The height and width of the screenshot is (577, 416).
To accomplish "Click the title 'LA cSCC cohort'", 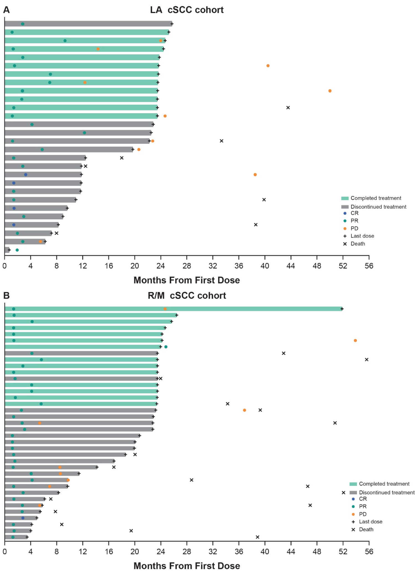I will [187, 10].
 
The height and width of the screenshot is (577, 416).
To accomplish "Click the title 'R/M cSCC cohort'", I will [187, 296].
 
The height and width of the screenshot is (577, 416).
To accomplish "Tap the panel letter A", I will [6, 10].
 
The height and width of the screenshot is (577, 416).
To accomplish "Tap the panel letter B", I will [6, 296].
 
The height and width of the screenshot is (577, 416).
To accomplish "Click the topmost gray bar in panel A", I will [88, 24].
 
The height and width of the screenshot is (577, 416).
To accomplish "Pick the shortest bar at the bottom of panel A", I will [7, 250].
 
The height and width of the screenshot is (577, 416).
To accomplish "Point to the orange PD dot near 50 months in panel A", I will [330, 91].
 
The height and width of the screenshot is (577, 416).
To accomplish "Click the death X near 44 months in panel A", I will [288, 108].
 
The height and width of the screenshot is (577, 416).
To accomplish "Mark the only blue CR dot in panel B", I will [23, 518].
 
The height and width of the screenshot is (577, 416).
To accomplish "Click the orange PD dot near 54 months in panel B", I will [355, 341].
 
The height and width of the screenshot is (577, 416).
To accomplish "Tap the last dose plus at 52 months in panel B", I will [342, 309].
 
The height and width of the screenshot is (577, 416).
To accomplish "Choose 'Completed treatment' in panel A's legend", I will [376, 198].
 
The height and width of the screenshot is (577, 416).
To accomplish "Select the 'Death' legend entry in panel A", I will [357, 244].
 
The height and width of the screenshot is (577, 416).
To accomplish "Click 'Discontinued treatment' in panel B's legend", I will [387, 492].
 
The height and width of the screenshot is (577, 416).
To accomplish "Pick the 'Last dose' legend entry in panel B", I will [370, 522].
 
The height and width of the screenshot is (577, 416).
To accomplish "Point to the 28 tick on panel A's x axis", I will [187, 266].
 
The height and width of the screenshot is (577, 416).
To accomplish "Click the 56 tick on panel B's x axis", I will [369, 551].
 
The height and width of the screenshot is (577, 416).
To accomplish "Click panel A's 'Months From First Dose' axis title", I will [187, 280].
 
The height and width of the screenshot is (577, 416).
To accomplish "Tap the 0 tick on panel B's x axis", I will [4, 551].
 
